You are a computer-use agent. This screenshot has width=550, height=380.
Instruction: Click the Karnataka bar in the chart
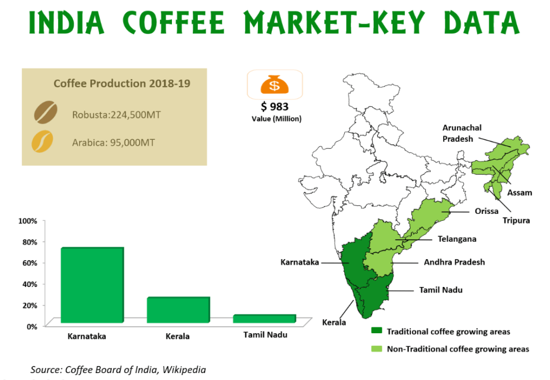pyautogui.click(x=92, y=285)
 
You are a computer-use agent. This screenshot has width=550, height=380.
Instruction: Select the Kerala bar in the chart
pyautogui.click(x=177, y=310)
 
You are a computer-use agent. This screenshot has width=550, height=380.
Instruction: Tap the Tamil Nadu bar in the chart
pyautogui.click(x=264, y=319)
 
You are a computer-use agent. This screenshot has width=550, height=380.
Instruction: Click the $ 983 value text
pyautogui.click(x=275, y=107)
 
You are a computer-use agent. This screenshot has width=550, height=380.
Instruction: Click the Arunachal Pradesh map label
pyautogui.click(x=462, y=133)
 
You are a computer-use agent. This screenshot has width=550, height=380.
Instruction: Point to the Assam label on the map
pyautogui.click(x=520, y=192)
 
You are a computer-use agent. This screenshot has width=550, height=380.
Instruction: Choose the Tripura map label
pyautogui.click(x=516, y=220)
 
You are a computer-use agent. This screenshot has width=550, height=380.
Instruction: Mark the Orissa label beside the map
pyautogui.click(x=486, y=211)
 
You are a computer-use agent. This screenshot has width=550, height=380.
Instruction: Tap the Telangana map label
pyautogui.click(x=457, y=239)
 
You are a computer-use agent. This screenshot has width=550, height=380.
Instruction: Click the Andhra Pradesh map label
pyautogui.click(x=454, y=262)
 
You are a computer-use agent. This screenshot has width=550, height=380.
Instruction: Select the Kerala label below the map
pyautogui.click(x=333, y=323)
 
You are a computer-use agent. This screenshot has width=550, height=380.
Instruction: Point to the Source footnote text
pyautogui.click(x=118, y=369)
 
